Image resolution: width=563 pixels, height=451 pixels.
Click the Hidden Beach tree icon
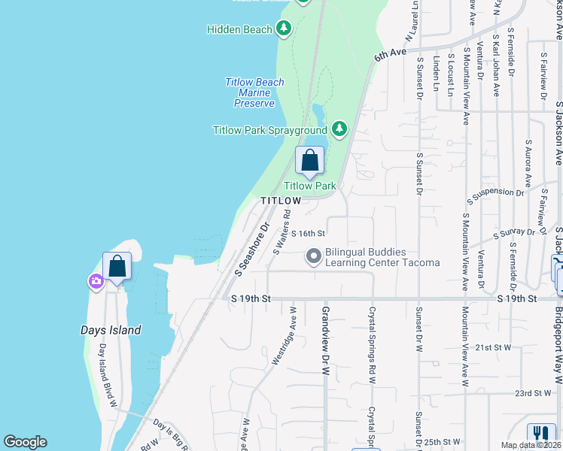click(x=284, y=29)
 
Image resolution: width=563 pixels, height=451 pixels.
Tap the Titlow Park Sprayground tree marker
click(x=340, y=129)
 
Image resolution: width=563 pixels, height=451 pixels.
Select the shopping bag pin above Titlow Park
click(x=309, y=160)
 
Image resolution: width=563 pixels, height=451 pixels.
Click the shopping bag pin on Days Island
click(x=117, y=266)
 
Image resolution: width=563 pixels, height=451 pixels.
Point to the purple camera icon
click(x=96, y=282)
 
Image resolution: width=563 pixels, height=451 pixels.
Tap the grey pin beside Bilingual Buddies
click(x=314, y=257)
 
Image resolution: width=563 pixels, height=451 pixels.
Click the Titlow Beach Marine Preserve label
click(x=254, y=92)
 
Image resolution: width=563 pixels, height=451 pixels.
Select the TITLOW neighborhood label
click(x=281, y=201)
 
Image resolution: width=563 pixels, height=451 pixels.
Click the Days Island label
click(x=111, y=330)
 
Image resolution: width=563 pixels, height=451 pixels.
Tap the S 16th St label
click(x=308, y=235)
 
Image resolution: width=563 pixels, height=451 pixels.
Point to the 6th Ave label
click(x=390, y=54)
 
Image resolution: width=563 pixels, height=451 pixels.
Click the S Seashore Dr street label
click(x=251, y=248)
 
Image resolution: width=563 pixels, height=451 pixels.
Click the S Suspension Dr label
click(x=495, y=196)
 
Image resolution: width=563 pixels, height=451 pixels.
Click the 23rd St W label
click(x=534, y=393)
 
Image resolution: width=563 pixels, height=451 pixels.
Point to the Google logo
click(x=26, y=442)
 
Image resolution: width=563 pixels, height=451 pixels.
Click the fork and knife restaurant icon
click(x=540, y=434)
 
